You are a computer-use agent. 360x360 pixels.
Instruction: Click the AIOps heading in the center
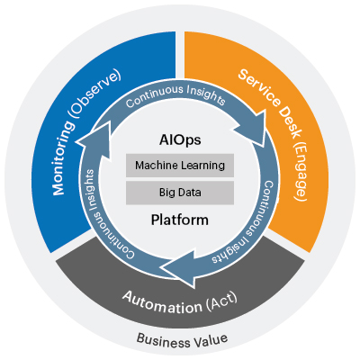click(180, 142)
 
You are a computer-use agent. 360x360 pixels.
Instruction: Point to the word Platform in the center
click(180, 219)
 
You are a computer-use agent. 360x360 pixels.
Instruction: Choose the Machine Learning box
click(180, 166)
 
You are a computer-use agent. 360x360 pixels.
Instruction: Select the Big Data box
click(180, 193)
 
